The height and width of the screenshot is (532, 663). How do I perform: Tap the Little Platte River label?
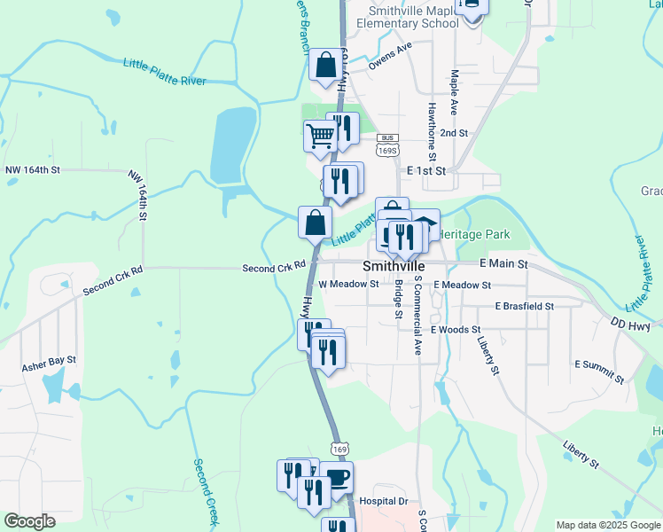coord(164,73)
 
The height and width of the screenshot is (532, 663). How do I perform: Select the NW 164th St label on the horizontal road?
coord(32,169)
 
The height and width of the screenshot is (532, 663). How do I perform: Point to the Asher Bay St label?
coord(50,364)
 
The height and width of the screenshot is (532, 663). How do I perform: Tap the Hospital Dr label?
coord(389,501)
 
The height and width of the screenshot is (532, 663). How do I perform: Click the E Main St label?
coord(503,264)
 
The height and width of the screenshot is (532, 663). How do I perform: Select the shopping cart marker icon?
coord(319,136)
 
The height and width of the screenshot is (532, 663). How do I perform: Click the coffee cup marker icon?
coord(338,477)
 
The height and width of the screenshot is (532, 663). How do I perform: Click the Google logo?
coord(29,521)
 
